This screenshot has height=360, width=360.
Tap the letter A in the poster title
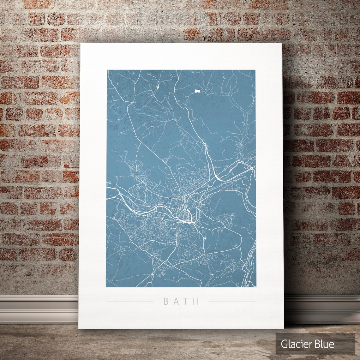click(x=177, y=301)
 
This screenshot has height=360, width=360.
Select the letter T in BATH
click(x=187, y=301)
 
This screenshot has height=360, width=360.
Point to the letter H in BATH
click(x=197, y=301)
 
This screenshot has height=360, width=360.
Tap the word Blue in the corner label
click(x=324, y=344)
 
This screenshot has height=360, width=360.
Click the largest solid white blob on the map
click(x=197, y=91)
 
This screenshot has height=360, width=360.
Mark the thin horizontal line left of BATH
click(x=129, y=301)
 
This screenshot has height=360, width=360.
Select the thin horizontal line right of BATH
click(x=232, y=301)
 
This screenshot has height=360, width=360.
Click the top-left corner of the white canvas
click(x=81, y=44)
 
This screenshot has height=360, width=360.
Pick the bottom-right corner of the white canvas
click(x=284, y=328)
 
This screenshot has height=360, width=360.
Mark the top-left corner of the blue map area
click(x=107, y=70)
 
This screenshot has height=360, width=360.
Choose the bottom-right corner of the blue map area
click(x=255, y=287)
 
